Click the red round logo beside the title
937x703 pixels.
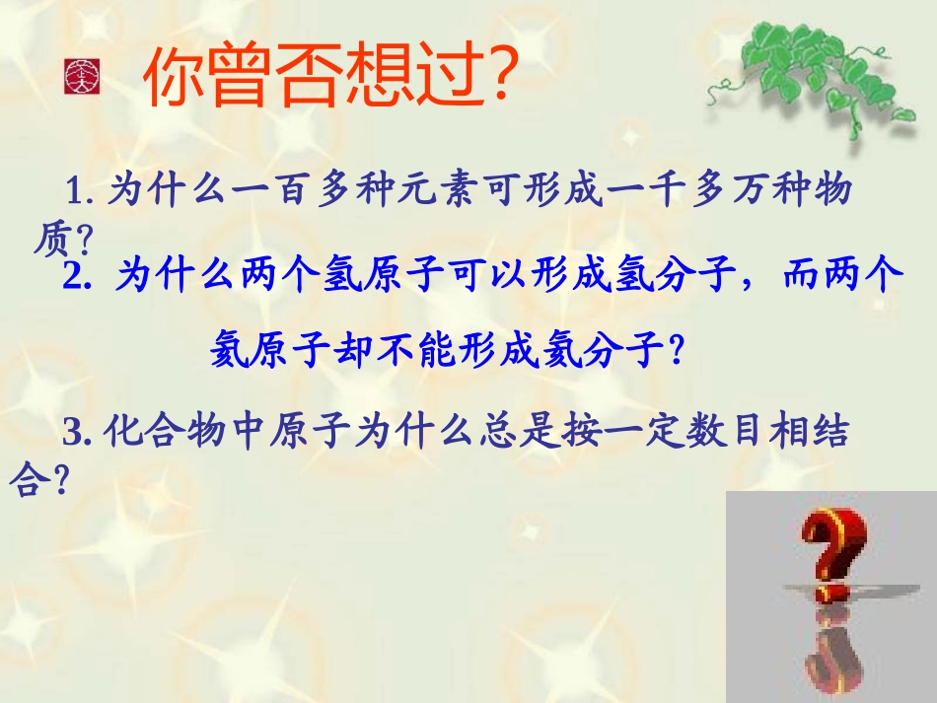click(78, 77)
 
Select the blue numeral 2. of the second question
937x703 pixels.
click(78, 278)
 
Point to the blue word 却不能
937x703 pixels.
click(383, 350)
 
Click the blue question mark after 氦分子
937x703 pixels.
click(676, 350)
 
